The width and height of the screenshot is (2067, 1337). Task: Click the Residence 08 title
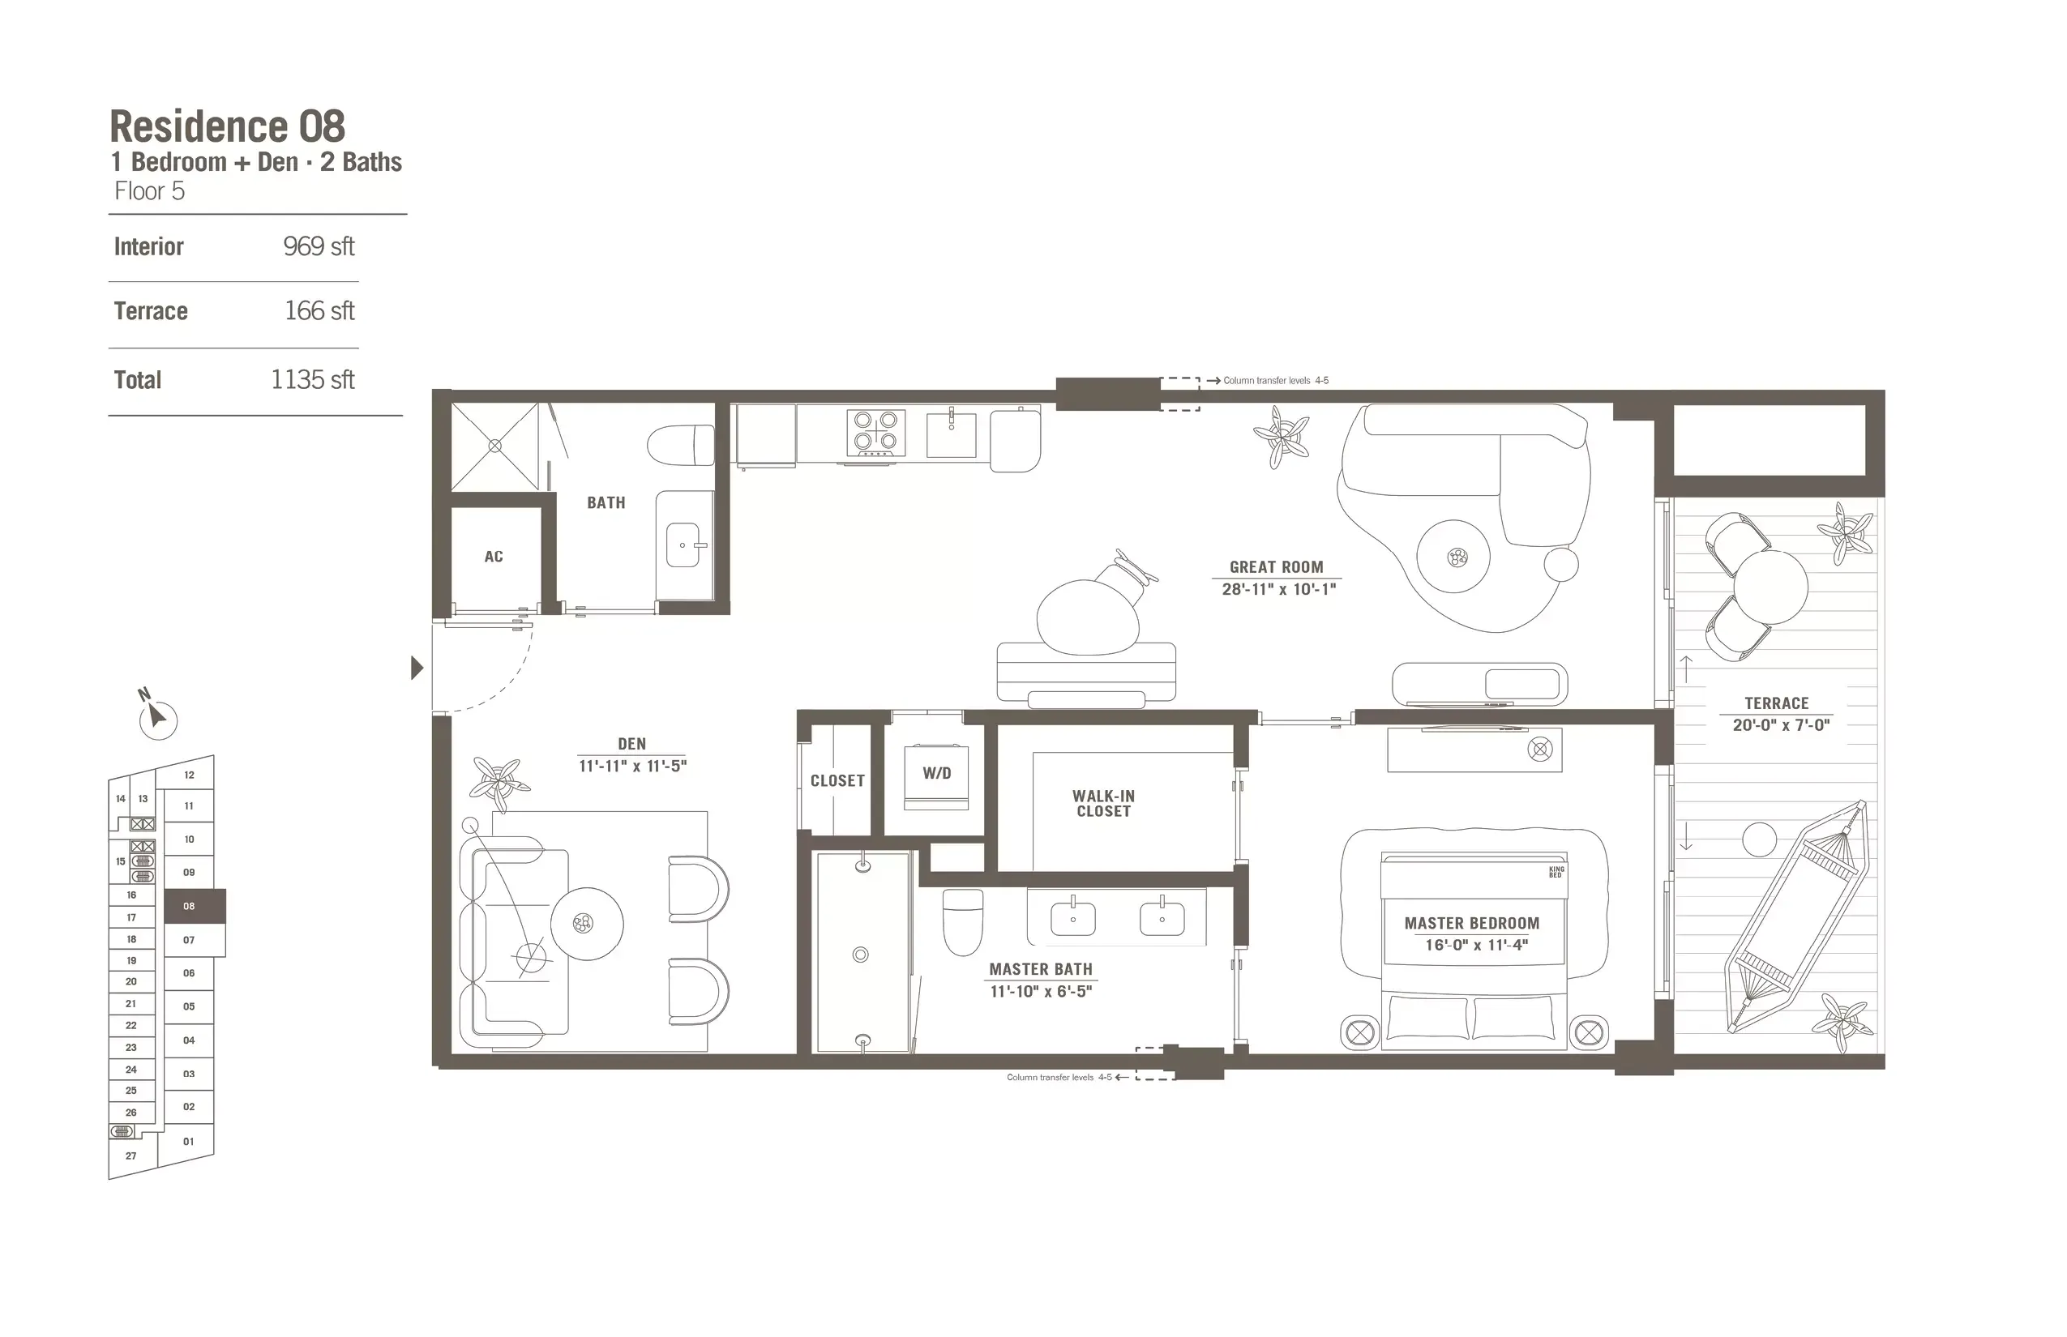228,126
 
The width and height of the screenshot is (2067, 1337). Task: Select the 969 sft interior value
318,246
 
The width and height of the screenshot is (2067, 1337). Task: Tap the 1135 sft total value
312,379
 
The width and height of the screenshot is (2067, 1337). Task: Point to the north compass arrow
156,716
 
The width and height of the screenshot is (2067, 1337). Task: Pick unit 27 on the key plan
131,1155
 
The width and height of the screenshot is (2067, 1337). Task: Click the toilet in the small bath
680,446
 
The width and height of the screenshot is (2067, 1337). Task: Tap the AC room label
494,557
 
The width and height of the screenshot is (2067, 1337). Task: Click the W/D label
936,773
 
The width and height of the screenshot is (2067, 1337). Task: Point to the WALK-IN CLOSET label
1103,803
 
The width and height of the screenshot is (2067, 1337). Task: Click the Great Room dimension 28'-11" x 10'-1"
1278,590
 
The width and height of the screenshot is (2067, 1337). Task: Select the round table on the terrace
1771,586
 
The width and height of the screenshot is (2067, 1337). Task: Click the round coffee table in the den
587,924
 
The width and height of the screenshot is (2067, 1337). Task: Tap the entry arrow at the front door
417,668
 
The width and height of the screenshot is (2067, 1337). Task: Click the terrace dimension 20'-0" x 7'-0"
1780,725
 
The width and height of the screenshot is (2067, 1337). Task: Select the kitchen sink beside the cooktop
951,434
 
